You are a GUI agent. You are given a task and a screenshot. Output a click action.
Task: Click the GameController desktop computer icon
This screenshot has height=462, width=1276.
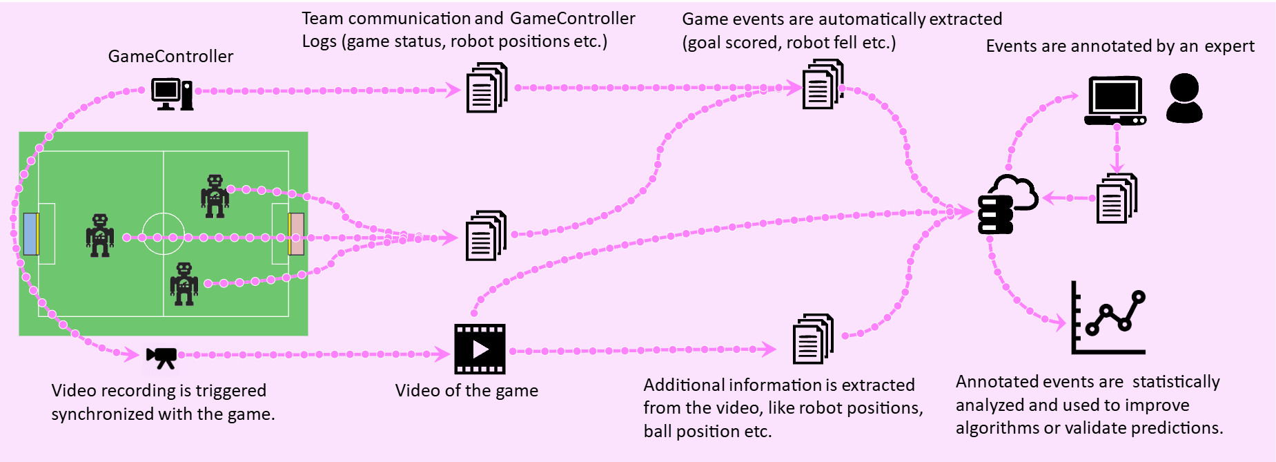[172, 94]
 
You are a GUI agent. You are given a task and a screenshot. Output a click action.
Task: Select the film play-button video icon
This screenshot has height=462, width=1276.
[480, 349]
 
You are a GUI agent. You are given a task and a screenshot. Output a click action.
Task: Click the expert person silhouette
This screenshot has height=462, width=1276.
[1184, 98]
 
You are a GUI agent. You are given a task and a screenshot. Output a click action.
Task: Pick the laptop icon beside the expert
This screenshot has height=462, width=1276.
[1115, 101]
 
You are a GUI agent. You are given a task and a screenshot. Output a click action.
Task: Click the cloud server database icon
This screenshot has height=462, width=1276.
[1007, 204]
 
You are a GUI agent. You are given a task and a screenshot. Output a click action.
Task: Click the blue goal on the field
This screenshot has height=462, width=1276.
[30, 233]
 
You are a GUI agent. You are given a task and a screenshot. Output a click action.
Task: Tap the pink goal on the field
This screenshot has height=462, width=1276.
[296, 233]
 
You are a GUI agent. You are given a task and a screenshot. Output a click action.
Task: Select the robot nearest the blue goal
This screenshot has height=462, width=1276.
[100, 235]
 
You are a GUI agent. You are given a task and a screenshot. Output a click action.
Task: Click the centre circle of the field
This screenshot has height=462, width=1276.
[164, 234]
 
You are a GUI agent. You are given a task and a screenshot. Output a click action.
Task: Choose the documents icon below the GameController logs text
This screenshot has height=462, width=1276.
[487, 88]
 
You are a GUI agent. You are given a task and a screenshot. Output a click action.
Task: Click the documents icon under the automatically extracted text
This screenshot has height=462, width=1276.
[823, 85]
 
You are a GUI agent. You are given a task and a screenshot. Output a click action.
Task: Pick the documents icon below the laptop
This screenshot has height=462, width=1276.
[1116, 199]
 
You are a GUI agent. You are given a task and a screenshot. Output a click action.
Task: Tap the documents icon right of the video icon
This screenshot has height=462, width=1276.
[813, 339]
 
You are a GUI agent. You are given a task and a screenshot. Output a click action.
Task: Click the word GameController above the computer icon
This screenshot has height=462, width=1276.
[170, 56]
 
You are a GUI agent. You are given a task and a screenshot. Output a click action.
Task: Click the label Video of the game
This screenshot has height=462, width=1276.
[467, 390]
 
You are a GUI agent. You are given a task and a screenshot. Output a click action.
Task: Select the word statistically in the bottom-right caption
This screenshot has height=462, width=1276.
[1176, 382]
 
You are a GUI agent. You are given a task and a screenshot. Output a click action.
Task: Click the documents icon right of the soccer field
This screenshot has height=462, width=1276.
[486, 236]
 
